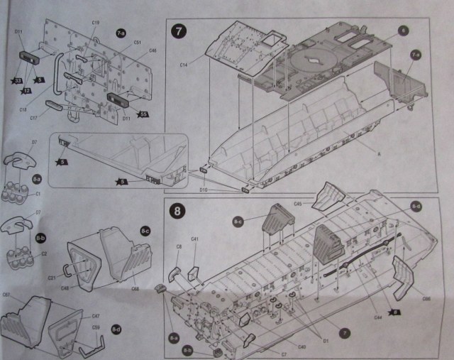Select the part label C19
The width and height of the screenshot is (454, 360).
click(x=96, y=23)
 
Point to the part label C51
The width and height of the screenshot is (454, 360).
click(x=138, y=43)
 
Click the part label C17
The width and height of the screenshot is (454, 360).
click(x=33, y=117)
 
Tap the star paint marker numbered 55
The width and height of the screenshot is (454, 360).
click(x=143, y=114)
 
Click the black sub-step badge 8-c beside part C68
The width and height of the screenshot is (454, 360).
click(x=145, y=231)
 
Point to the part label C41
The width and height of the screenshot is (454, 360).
click(x=194, y=239)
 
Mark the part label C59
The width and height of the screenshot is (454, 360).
click(x=95, y=327)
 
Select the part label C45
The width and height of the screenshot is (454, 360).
click(x=299, y=204)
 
